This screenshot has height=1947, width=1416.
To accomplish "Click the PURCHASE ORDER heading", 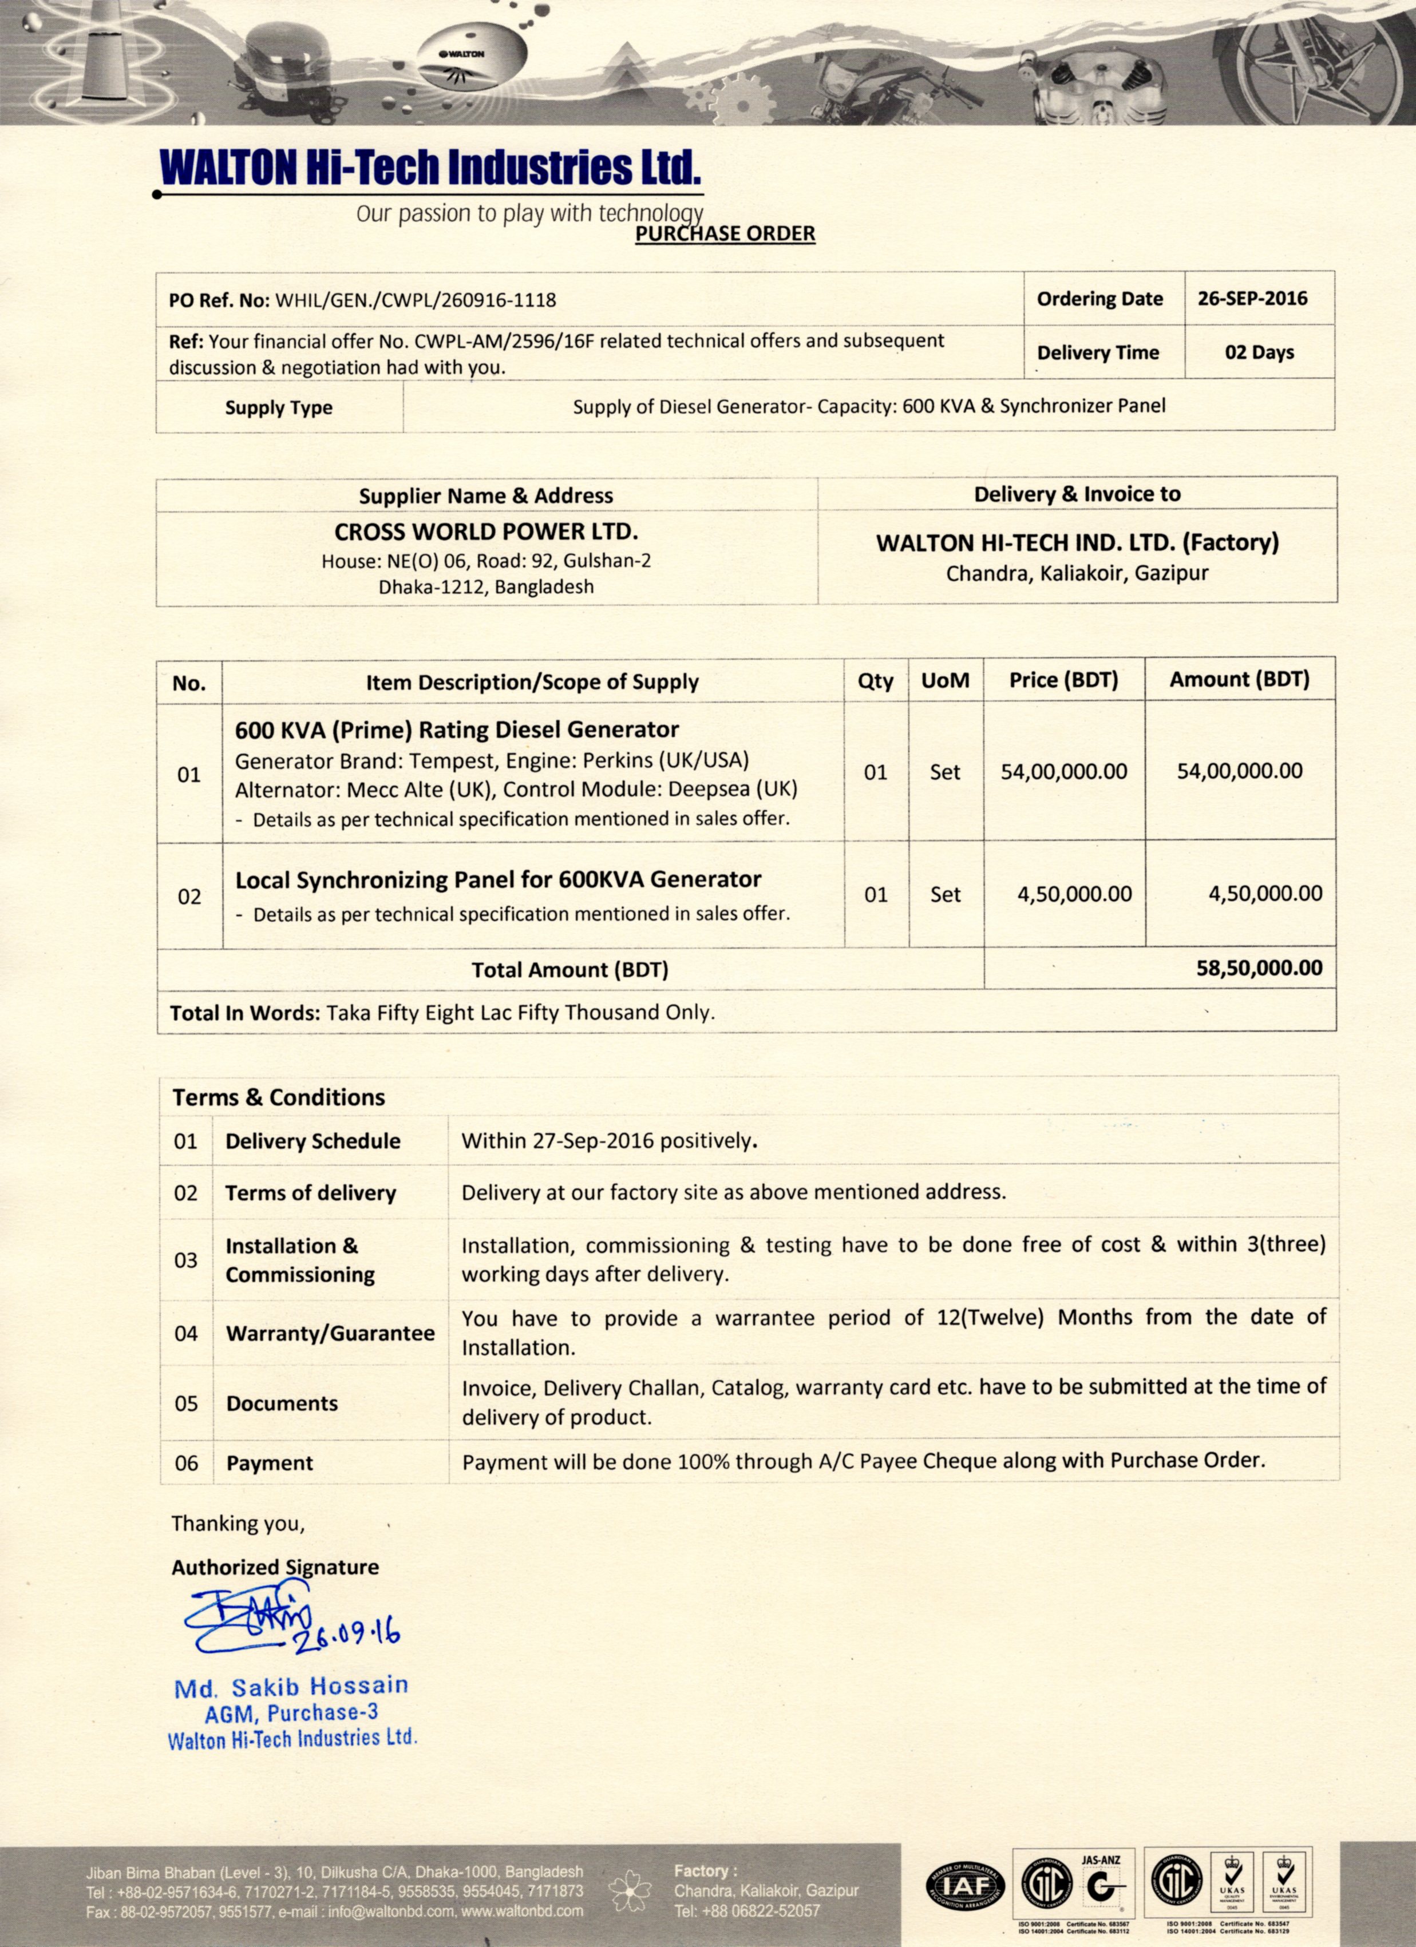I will pyautogui.click(x=725, y=233).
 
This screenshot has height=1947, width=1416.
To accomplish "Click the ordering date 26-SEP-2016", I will pyautogui.click(x=1252, y=299).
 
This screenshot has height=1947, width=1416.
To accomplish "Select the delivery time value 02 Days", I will pyautogui.click(x=1259, y=352).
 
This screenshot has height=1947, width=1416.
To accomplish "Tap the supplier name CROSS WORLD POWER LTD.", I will pyautogui.click(x=486, y=532).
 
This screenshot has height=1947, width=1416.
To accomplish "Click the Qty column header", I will pyautogui.click(x=875, y=681).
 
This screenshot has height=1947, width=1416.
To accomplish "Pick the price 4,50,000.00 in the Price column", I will pyautogui.click(x=1074, y=894).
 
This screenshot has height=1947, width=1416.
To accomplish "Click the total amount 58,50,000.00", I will pyautogui.click(x=1259, y=968).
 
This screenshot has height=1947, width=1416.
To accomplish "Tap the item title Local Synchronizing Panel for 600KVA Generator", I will pyautogui.click(x=498, y=880).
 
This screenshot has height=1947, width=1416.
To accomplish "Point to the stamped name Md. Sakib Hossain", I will pyautogui.click(x=291, y=1687).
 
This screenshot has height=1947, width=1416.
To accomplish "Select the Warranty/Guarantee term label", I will pyautogui.click(x=330, y=1333).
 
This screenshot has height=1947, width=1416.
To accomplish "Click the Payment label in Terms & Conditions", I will pyautogui.click(x=270, y=1463).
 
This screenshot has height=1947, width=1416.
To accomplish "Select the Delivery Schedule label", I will pyautogui.click(x=313, y=1141).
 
